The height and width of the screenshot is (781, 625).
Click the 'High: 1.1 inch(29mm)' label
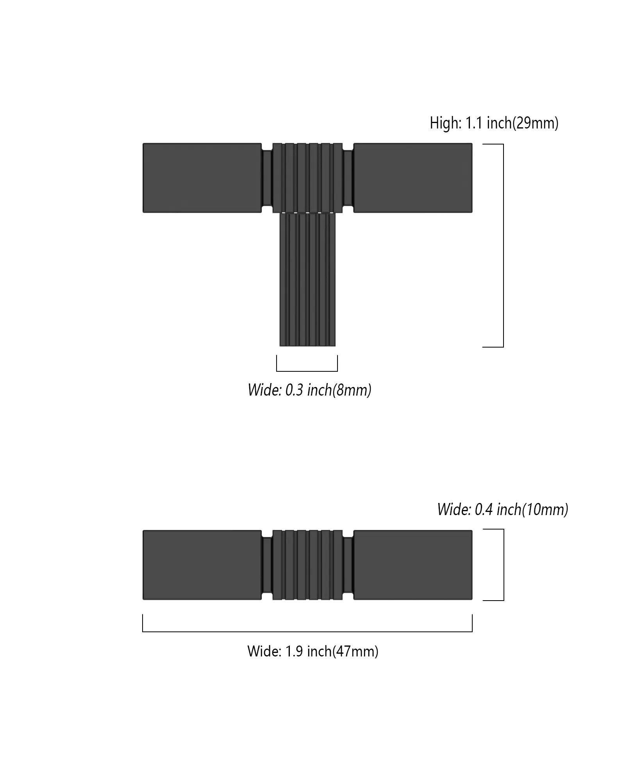[494, 123]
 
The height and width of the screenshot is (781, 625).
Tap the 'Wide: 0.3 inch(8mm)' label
[309, 390]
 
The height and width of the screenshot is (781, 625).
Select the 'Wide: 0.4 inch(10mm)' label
[502, 510]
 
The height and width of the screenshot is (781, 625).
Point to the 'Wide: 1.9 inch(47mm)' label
[312, 651]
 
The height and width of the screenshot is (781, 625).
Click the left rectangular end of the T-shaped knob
[202, 178]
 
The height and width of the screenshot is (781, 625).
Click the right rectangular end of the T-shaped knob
[413, 178]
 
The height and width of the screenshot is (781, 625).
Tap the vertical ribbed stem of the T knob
[307, 279]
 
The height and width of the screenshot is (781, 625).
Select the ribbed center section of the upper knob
[307, 178]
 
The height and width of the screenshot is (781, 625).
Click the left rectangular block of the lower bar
[202, 565]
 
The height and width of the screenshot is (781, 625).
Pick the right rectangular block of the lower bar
[413, 565]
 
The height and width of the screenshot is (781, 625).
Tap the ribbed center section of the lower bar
[307, 565]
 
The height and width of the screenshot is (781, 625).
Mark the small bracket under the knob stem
[307, 370]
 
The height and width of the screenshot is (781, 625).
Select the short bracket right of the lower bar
[503, 565]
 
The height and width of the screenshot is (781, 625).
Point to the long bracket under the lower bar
[307, 631]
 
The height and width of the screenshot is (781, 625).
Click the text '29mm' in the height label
[536, 123]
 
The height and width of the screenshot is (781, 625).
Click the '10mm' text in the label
[545, 510]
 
